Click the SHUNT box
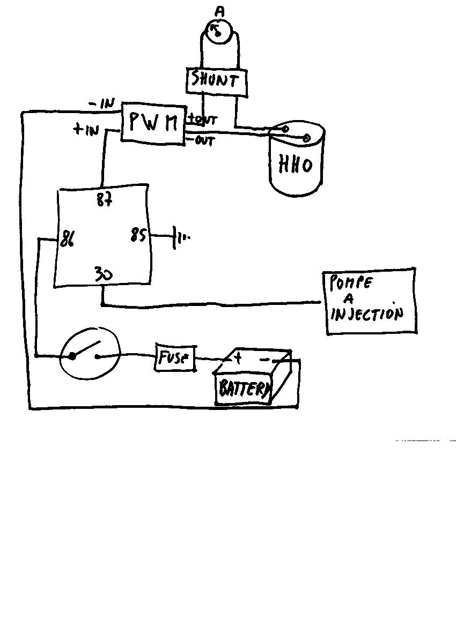217,81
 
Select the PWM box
153,123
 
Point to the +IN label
86,129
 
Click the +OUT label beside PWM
202,120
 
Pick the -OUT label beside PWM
202,141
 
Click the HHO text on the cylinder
295,165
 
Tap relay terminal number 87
104,200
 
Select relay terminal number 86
67,240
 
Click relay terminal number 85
138,235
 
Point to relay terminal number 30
104,274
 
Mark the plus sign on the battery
238,357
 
